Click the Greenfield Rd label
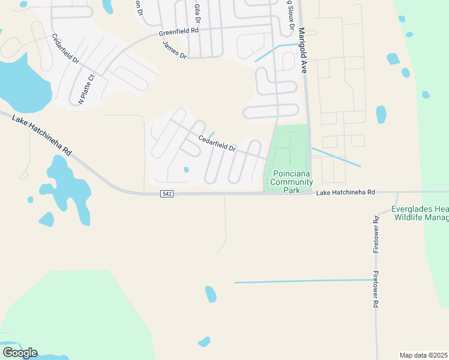tap(178, 31)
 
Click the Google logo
tap(19, 353)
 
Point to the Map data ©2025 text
tap(423, 355)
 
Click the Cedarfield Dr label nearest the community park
tap(217, 145)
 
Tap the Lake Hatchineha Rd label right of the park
tap(345, 192)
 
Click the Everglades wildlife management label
tap(420, 213)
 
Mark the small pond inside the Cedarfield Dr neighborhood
tap(186, 170)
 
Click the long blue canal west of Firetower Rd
tap(303, 281)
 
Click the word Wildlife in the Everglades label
tap(410, 217)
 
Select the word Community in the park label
tap(291, 182)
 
